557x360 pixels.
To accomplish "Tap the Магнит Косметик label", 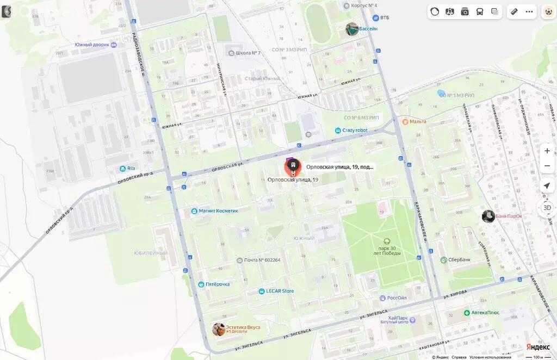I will click(218, 211).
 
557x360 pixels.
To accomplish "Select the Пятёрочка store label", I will click(217, 284).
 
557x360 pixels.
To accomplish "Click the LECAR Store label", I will click(280, 291).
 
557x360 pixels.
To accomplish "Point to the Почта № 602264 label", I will click(262, 260).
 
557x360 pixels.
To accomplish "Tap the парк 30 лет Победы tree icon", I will click(387, 241).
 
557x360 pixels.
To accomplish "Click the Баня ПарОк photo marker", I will click(488, 216).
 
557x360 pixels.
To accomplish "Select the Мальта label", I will click(418, 121).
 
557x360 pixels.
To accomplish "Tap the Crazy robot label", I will click(355, 131).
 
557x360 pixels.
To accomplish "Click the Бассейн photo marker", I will click(352, 29).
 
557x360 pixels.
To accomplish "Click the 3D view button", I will click(547, 208).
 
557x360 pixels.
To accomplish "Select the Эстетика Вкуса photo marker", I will click(219, 329).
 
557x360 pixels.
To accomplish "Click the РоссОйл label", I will click(397, 298).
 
